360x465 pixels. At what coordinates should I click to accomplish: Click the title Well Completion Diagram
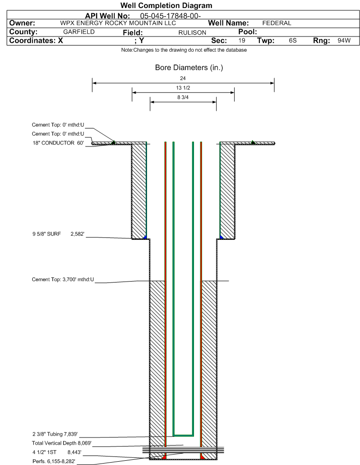[x=166, y=6]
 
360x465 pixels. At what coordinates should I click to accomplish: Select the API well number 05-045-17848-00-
[x=170, y=16]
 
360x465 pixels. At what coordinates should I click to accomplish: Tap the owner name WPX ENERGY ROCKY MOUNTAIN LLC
[x=118, y=23]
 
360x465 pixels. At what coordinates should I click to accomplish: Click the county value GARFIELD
[x=79, y=32]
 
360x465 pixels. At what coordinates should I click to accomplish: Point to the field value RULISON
[x=192, y=33]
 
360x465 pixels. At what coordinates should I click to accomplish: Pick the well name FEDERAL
[x=277, y=23]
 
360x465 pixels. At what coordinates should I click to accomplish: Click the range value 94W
[x=344, y=41]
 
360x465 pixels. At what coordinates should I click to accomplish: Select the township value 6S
[x=293, y=41]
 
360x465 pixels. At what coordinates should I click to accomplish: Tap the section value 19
[x=241, y=41]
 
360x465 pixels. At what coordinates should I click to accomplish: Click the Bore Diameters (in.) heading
[x=189, y=68]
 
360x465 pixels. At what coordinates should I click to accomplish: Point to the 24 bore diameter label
[x=183, y=78]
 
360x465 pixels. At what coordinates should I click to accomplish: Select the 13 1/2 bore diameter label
[x=183, y=88]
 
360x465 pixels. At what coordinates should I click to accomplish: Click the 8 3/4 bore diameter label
[x=183, y=97]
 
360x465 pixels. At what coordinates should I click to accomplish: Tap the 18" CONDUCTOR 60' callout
[x=58, y=143]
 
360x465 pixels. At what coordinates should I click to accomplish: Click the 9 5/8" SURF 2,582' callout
[x=58, y=234]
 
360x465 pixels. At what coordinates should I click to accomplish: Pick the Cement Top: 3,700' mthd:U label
[x=63, y=279]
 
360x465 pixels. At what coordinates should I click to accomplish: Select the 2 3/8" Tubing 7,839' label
[x=55, y=434]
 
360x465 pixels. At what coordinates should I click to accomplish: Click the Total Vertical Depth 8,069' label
[x=62, y=443]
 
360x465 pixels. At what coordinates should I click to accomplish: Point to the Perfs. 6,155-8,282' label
[x=54, y=461]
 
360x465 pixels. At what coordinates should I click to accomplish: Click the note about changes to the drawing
[x=184, y=50]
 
